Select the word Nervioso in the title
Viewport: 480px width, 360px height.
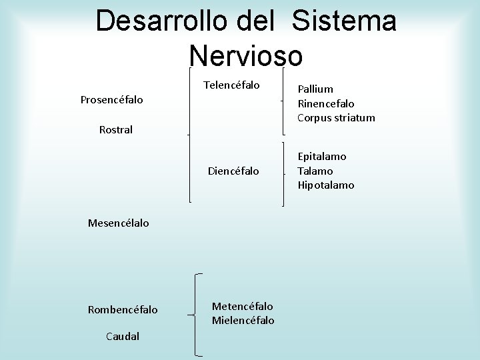click(x=246, y=55)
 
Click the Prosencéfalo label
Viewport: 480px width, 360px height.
click(x=113, y=100)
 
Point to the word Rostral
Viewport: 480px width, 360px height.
click(x=116, y=130)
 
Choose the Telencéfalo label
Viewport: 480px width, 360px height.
click(x=231, y=85)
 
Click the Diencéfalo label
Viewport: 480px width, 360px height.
click(x=233, y=171)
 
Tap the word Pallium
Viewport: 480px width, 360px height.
click(x=316, y=89)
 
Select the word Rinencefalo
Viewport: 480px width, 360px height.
click(x=326, y=103)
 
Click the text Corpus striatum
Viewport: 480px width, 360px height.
click(x=337, y=118)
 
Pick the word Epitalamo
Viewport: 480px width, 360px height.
click(x=322, y=156)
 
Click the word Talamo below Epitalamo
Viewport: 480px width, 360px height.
click(x=315, y=171)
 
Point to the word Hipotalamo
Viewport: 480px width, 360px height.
click(x=326, y=185)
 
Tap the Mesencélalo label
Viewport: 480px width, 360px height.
click(x=119, y=223)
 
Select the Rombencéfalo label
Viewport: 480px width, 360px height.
click(x=123, y=309)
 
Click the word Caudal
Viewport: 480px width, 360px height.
click(x=123, y=336)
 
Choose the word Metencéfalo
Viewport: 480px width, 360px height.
click(x=242, y=306)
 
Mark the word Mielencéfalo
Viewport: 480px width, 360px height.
click(x=243, y=321)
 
